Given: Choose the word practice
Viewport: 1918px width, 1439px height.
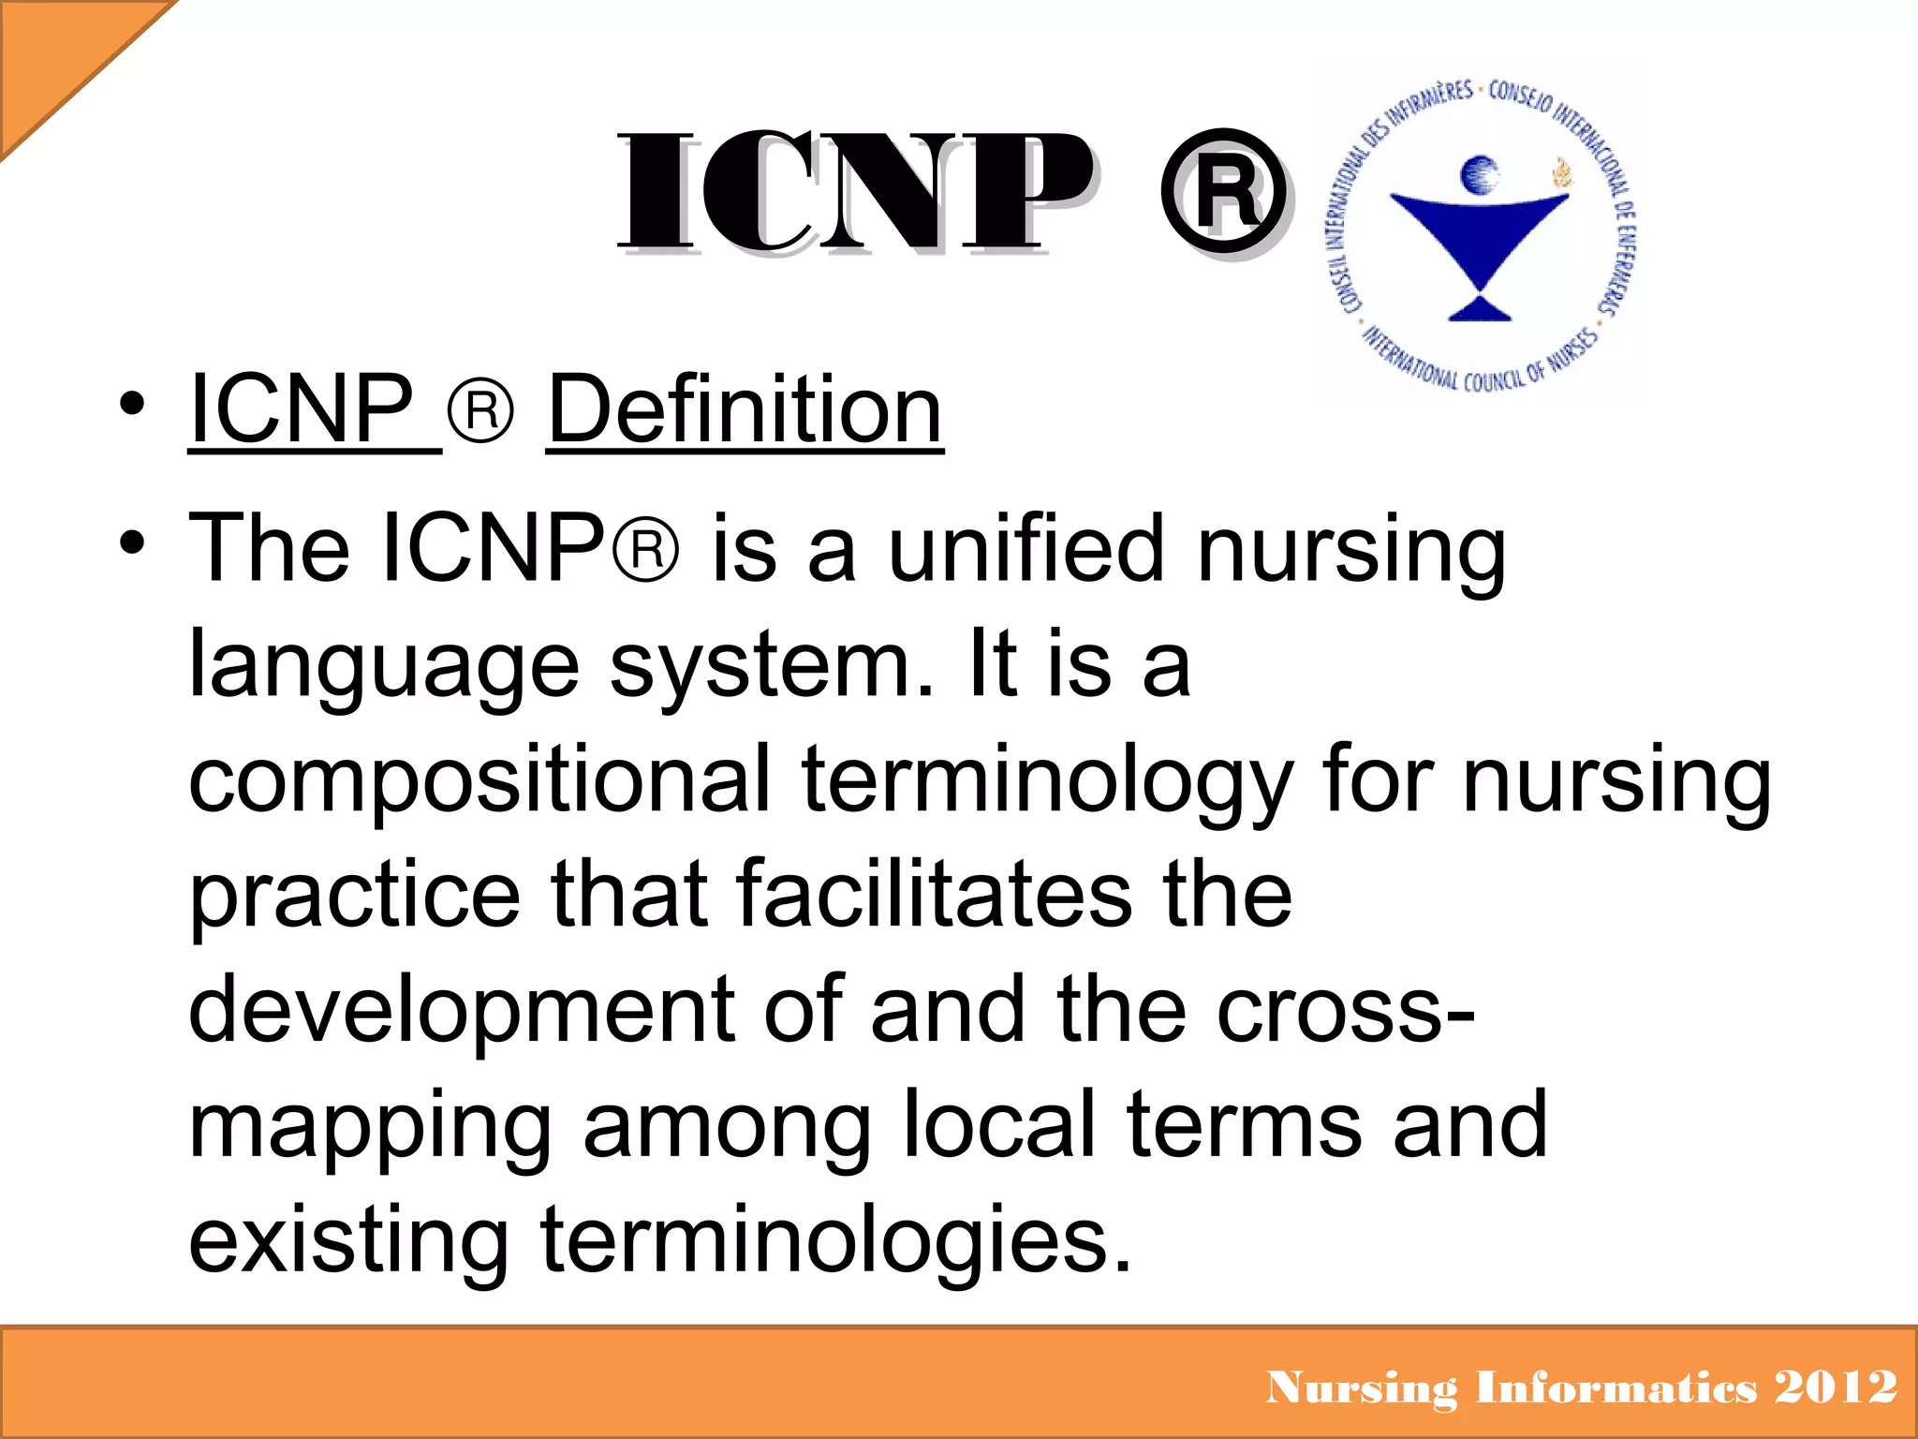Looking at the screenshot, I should coord(355,896).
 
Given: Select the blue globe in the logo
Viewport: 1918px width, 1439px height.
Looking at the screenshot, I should coord(1481,173).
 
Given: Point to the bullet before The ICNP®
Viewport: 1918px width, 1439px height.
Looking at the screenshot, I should coord(132,543).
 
